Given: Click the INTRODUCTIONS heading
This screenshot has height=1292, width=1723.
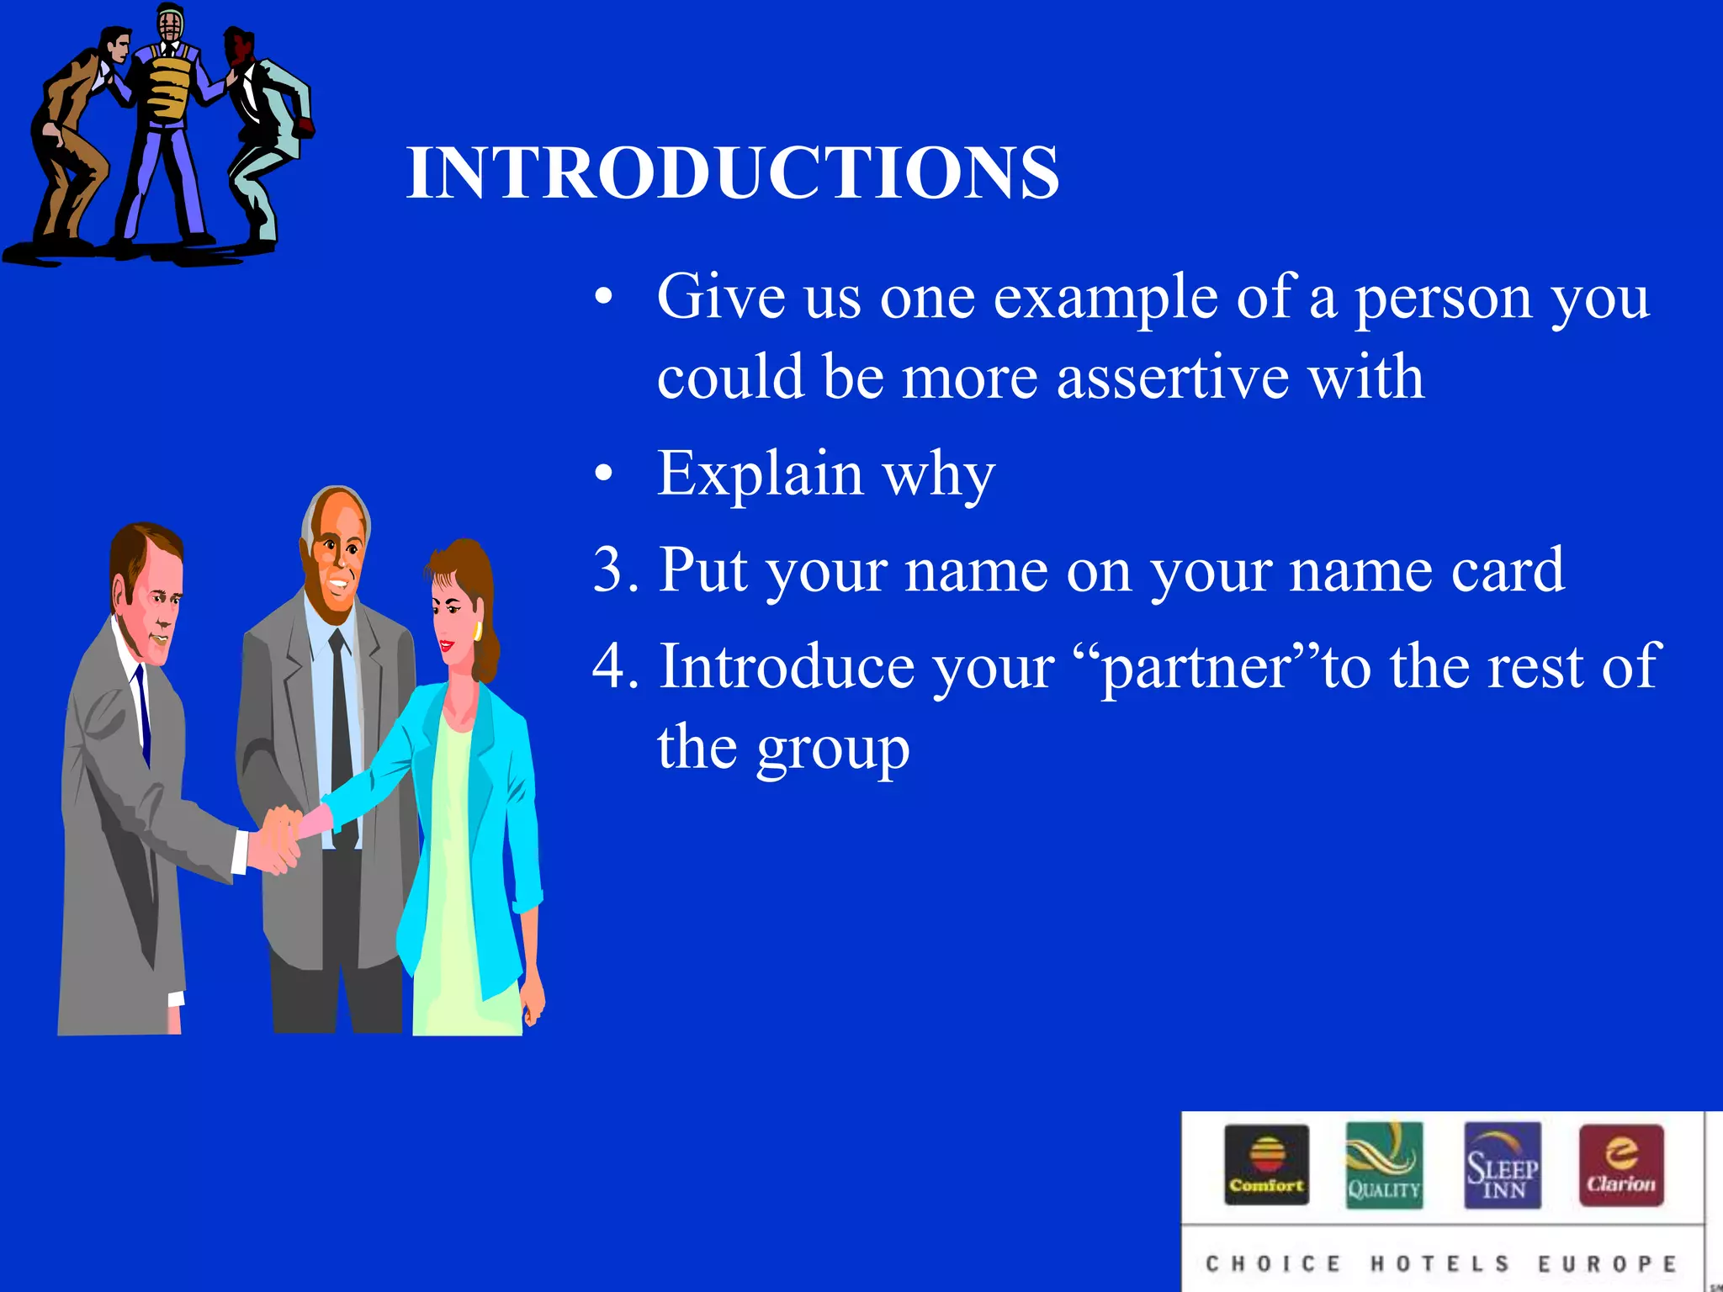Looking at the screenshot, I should pos(732,172).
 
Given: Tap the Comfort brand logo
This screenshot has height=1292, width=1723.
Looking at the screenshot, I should pos(1266,1166).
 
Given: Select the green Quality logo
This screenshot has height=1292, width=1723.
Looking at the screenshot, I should pos(1384,1166).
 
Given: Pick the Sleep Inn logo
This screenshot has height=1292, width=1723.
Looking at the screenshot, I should pos(1503,1166).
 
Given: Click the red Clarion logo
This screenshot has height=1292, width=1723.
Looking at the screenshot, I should pos(1621,1166).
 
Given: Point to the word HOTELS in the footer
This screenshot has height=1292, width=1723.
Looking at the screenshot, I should pos(1440,1264).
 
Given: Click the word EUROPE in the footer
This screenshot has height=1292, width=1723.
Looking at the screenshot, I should pos(1607,1264).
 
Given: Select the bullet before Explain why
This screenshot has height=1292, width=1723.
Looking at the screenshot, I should pos(603,474).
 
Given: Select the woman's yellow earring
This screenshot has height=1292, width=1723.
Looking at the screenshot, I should pos(477,631).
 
